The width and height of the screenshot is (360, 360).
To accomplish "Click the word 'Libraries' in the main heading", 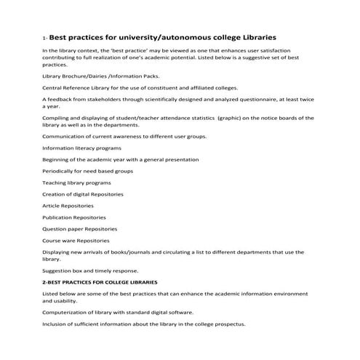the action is [x=253, y=36].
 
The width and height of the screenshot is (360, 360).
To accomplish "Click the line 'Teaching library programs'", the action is [x=73, y=183].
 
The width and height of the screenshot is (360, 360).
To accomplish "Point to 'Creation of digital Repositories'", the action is [x=83, y=194].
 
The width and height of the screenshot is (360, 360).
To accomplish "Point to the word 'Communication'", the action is [x=63, y=136].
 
